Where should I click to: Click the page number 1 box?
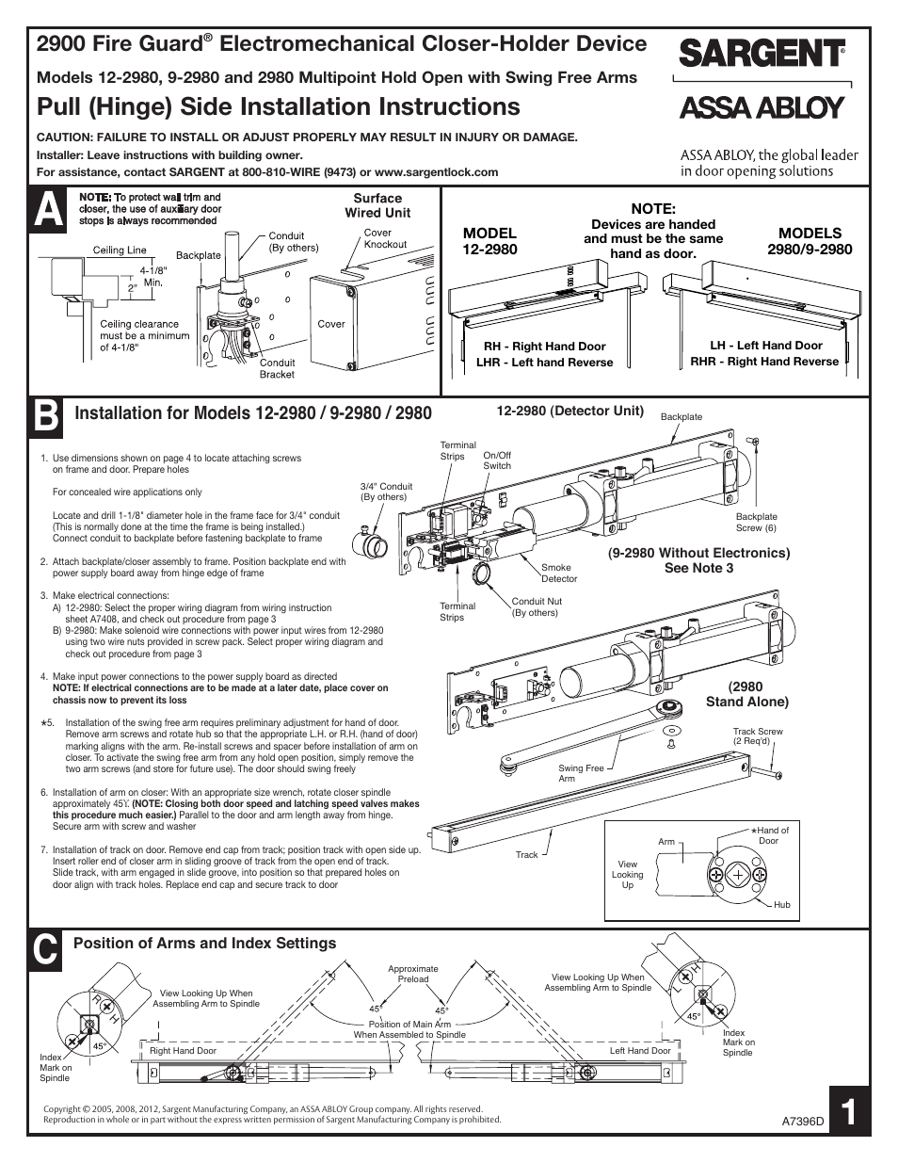click(x=849, y=1112)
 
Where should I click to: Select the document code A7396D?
click(x=803, y=1123)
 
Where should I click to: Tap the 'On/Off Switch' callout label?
click(x=497, y=460)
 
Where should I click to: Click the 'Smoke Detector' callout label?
click(x=559, y=573)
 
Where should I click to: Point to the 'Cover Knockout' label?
click(x=385, y=238)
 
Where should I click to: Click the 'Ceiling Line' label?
click(x=120, y=250)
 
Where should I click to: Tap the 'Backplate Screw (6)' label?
click(x=756, y=522)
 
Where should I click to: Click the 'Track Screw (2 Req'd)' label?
click(x=758, y=735)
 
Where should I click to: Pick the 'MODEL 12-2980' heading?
click(x=489, y=240)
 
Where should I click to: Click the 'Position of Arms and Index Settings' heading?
click(x=204, y=943)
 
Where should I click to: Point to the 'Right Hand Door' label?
click(x=183, y=1050)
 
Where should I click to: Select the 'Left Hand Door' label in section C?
click(x=640, y=1050)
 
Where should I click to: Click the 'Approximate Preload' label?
click(x=412, y=974)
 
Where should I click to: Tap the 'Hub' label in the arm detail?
click(x=781, y=904)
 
